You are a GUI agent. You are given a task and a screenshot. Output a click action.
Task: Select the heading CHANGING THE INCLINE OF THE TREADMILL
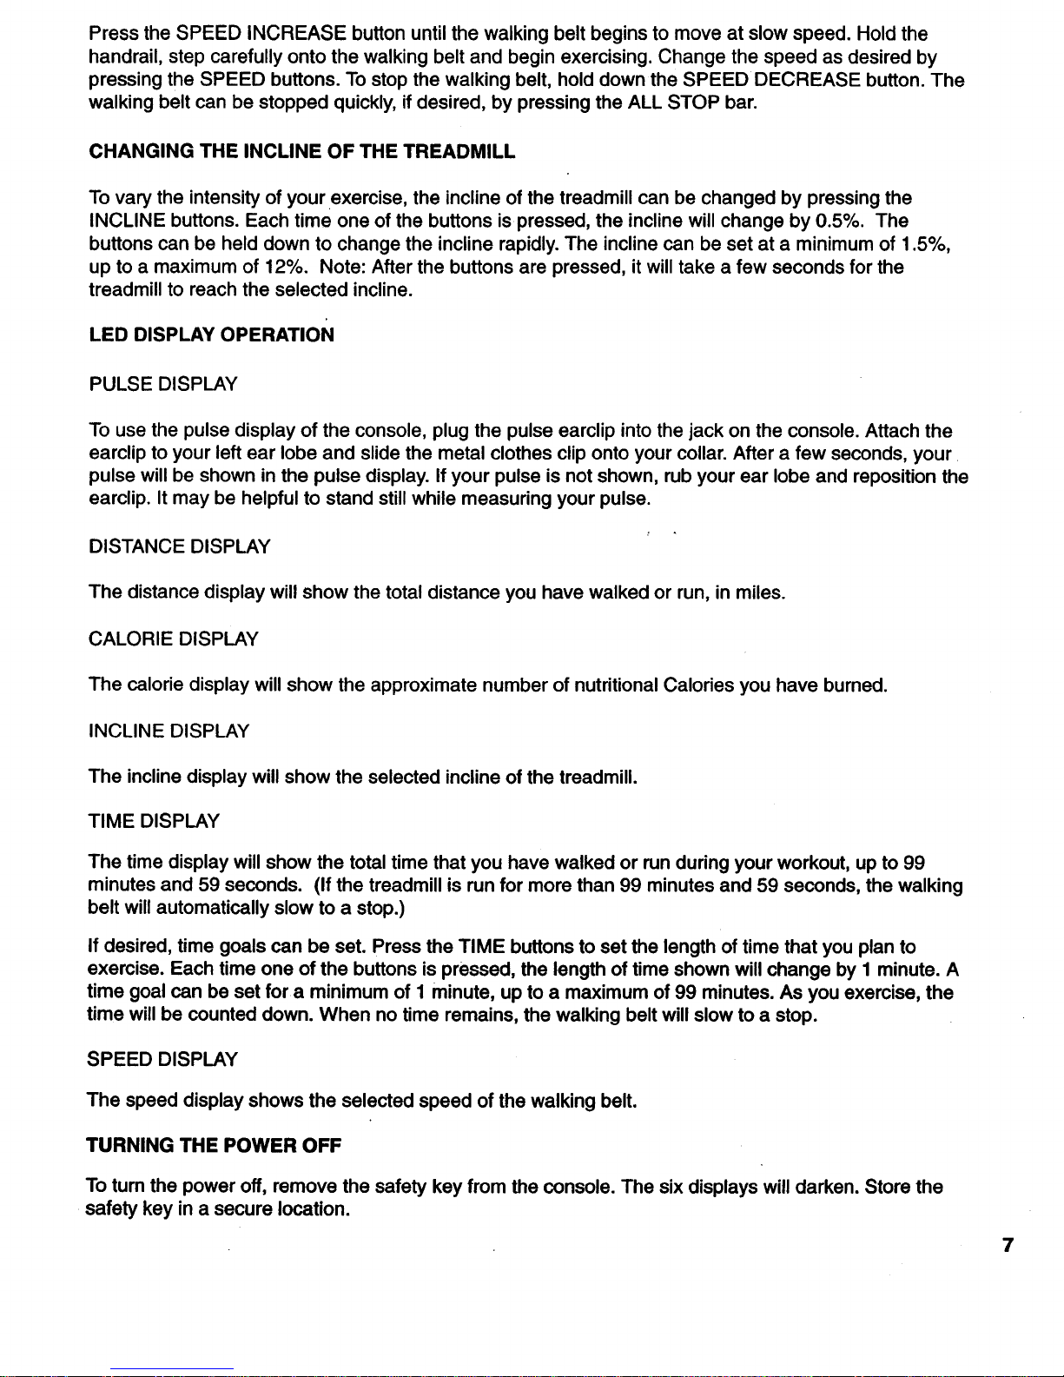coord(301,152)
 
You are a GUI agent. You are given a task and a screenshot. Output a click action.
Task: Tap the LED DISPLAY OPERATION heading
coord(211,335)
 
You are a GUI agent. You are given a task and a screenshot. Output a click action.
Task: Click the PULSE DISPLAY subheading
coord(163,383)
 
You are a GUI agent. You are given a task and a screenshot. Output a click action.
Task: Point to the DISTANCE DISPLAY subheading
coord(180,546)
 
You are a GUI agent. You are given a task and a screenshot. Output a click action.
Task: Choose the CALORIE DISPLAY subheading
coord(174,639)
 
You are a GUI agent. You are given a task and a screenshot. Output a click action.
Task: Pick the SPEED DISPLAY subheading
coord(163,1059)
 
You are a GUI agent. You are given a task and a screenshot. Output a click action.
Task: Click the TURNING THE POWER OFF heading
coord(215,1146)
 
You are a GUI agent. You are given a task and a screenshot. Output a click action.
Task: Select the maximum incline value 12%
coord(282,267)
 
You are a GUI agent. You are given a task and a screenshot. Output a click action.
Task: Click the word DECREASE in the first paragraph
coord(808,81)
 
